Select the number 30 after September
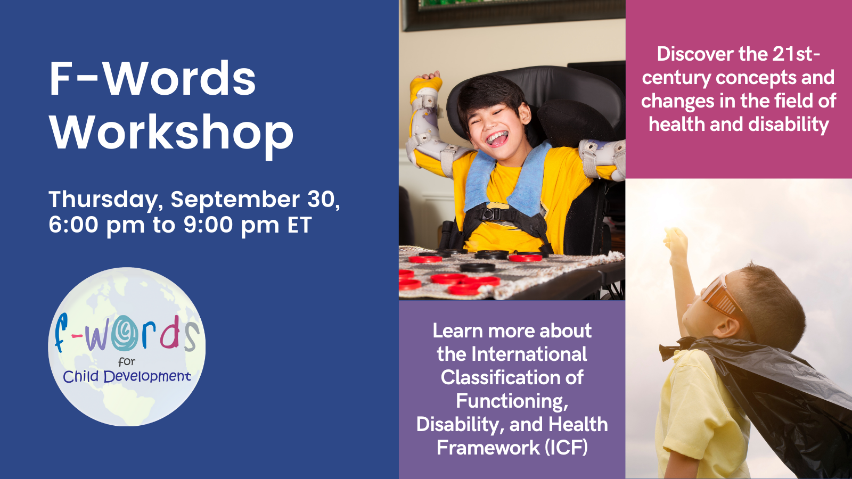323,199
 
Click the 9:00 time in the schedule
208,225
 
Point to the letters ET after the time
300,225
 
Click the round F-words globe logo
127,346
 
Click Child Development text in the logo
127,376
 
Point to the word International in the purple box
529,354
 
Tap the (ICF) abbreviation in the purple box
567,448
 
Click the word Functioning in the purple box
512,401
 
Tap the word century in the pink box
676,78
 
